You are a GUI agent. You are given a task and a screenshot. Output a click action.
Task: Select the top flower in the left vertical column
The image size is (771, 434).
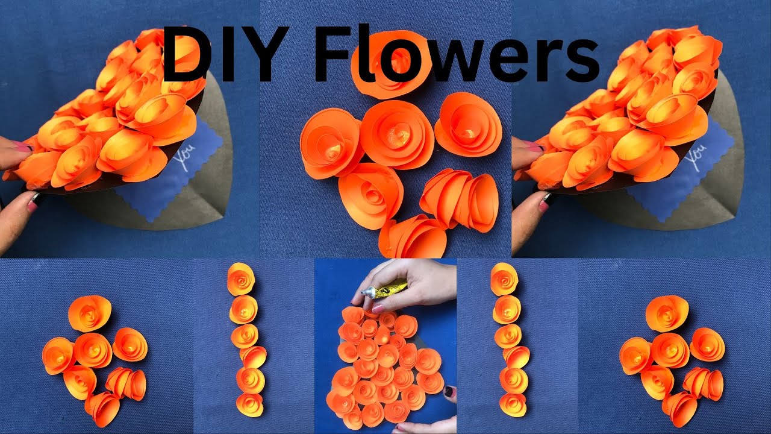click(240, 279)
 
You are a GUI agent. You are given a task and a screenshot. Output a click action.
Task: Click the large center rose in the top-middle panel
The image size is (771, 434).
click(398, 134)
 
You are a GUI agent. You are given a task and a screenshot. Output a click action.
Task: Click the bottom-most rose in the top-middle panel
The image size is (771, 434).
click(413, 237)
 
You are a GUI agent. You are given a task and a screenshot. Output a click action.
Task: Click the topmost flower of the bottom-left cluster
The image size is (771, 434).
click(89, 313)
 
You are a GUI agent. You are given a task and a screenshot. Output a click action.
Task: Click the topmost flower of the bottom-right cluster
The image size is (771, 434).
click(667, 313)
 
